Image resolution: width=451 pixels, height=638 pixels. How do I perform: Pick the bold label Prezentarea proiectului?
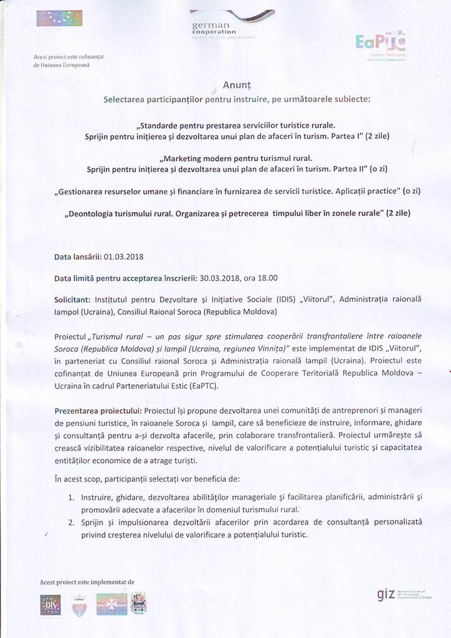(x=98, y=411)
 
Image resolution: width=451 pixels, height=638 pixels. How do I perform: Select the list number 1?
(x=72, y=497)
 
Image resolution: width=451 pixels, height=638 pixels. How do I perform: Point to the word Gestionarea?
(x=82, y=191)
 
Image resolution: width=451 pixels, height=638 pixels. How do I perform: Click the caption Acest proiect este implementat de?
(x=87, y=582)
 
